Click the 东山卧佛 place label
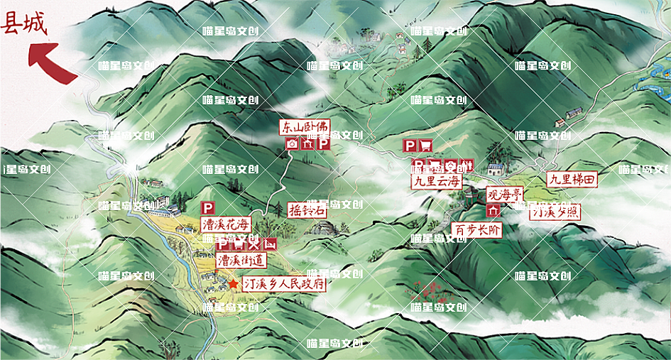[x=305, y=128]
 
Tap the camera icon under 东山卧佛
[x=291, y=144]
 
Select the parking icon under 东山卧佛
[x=322, y=144]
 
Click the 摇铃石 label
[x=307, y=210]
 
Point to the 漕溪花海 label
[x=226, y=225]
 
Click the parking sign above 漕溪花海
[x=208, y=208]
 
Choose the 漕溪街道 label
[x=241, y=261]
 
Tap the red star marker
[x=233, y=283]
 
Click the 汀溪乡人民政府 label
[x=284, y=283]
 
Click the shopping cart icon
[x=425, y=146]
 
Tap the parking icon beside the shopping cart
[x=410, y=146]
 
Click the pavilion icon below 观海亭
[x=493, y=210]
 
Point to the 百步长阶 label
[x=477, y=230]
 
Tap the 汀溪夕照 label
[x=555, y=212]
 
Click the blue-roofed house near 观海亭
[x=495, y=169]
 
